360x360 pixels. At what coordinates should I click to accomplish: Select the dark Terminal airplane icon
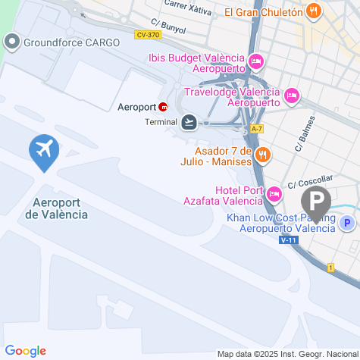point(188,122)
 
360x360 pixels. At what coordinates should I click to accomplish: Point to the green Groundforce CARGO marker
point(12,42)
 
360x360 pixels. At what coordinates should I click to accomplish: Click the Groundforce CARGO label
point(71,42)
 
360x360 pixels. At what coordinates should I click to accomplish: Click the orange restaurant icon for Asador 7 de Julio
point(263,155)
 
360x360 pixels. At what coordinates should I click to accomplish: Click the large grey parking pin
point(316,202)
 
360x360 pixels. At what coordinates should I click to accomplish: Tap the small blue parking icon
point(346,223)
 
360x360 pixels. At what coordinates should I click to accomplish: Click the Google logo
point(25,351)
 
